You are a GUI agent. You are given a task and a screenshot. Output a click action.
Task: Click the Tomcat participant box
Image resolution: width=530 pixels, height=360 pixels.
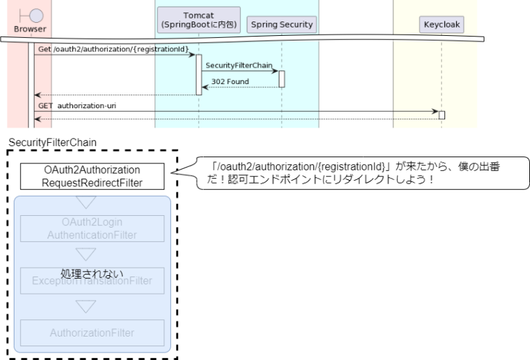pyautogui.click(x=199, y=20)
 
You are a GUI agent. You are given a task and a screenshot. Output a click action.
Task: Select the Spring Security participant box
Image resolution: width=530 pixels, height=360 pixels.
pyautogui.click(x=282, y=25)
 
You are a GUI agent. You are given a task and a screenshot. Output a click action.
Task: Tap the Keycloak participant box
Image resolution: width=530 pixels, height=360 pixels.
pyautogui.click(x=441, y=25)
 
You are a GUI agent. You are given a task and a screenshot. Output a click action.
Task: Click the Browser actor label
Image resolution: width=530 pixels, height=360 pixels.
pyautogui.click(x=30, y=30)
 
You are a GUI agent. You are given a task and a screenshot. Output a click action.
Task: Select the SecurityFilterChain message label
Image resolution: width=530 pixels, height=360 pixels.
pyautogui.click(x=239, y=65)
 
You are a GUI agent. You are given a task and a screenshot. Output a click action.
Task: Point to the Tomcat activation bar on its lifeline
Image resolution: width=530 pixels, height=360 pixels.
pyautogui.click(x=199, y=74)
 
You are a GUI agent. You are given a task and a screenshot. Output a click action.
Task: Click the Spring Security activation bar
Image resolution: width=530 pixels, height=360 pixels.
pyautogui.click(x=282, y=79)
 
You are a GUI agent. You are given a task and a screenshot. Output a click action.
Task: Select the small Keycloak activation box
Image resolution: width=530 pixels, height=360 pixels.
pyautogui.click(x=442, y=115)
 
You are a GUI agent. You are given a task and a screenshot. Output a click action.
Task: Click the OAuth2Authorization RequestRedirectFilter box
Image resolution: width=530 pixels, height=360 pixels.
pyautogui.click(x=92, y=177)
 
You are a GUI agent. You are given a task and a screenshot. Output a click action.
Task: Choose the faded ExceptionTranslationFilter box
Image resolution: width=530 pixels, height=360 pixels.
pyautogui.click(x=92, y=280)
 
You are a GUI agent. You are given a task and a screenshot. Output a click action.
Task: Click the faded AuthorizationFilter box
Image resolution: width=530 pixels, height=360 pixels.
pyautogui.click(x=92, y=332)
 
